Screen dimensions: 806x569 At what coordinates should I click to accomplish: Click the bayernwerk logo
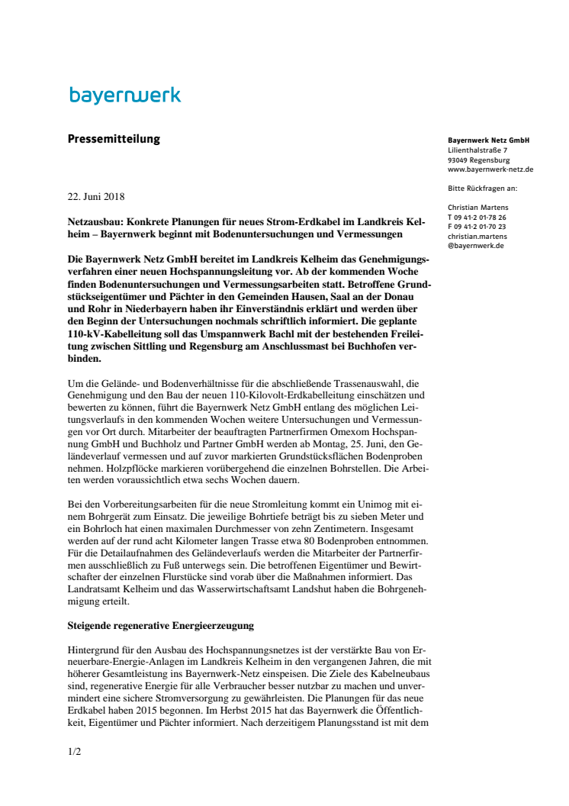[x=125, y=96]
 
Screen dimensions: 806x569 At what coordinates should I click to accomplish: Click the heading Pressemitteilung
[x=114, y=139]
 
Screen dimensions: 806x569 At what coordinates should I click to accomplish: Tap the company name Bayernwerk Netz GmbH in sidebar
[x=488, y=141]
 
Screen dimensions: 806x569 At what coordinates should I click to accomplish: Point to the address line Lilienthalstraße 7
[x=477, y=150]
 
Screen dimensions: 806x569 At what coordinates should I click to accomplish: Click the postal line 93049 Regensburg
[x=479, y=160]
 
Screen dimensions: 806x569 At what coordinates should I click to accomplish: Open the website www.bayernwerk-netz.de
[x=490, y=169]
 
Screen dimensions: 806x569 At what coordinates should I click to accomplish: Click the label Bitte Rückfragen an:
[x=483, y=188]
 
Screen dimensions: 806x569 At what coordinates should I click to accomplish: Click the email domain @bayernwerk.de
[x=476, y=247]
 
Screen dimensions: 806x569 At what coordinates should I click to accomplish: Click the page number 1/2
[x=74, y=752]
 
